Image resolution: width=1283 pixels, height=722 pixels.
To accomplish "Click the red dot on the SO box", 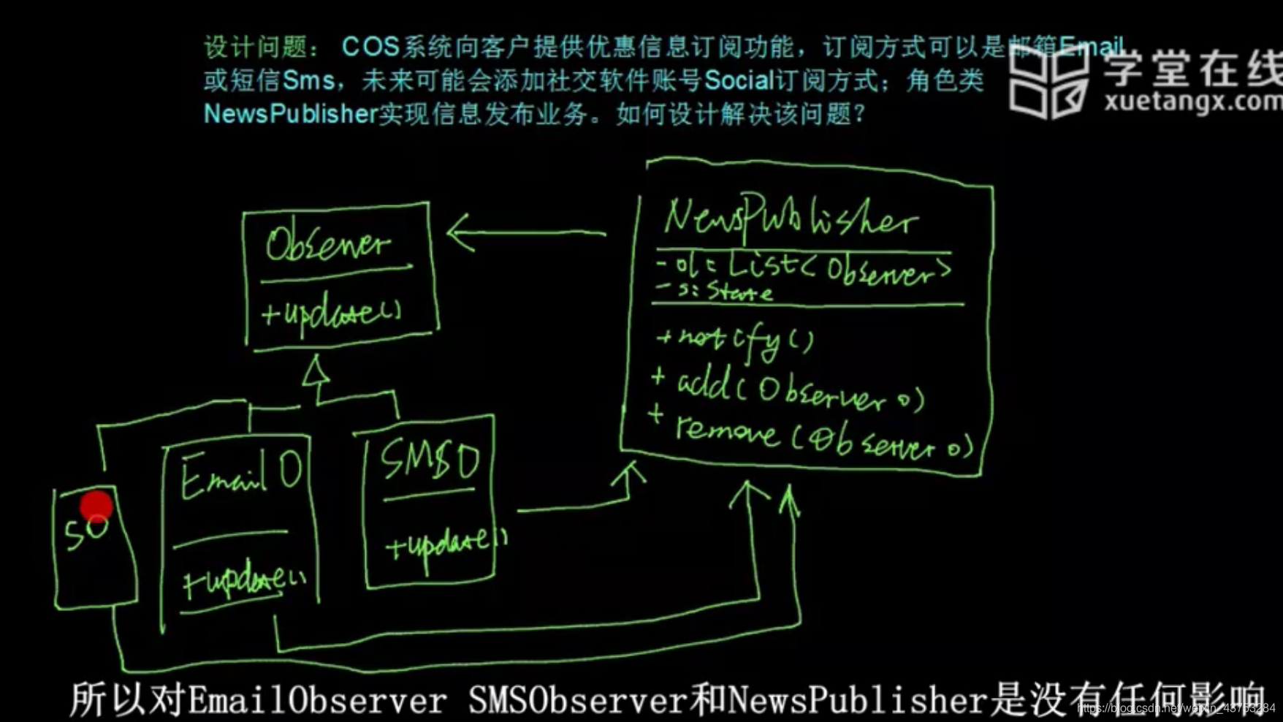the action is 96,506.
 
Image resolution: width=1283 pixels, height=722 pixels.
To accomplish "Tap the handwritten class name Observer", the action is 328,243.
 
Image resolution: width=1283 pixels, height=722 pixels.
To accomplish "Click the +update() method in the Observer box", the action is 332,313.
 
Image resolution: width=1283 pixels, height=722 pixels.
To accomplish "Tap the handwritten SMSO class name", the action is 430,460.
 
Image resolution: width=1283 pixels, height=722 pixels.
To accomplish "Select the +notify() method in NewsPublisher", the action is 734,340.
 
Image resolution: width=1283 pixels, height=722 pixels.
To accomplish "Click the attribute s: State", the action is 716,292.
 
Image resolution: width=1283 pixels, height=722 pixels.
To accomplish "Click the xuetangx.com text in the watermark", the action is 1192,101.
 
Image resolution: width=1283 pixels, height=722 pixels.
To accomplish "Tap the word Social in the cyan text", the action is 738,80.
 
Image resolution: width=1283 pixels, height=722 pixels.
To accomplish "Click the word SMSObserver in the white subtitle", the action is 577,699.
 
